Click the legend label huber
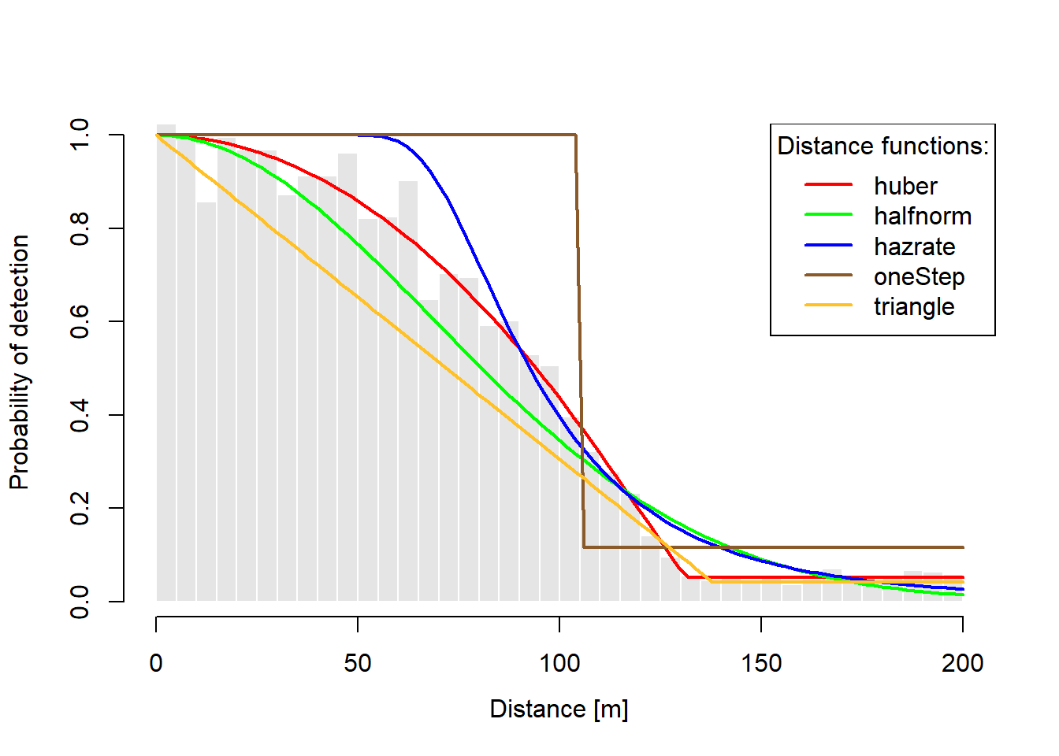[x=905, y=186]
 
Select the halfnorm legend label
[x=922, y=216]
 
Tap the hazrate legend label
[x=914, y=246]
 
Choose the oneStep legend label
[x=919, y=276]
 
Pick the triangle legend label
[x=914, y=306]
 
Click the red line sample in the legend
[x=828, y=184]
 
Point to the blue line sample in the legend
[x=828, y=245]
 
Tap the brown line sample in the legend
[x=828, y=275]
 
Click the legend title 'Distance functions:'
[x=882, y=146]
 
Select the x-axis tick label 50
[x=358, y=663]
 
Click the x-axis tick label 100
[x=559, y=663]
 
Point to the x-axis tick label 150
[x=761, y=663]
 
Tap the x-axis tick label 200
[x=962, y=663]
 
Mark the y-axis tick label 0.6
[x=80, y=321]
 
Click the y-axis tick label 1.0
[x=80, y=135]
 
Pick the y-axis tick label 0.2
[x=80, y=508]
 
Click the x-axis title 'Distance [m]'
[x=559, y=709]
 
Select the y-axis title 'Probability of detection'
[x=20, y=362]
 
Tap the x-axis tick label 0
[x=156, y=663]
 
